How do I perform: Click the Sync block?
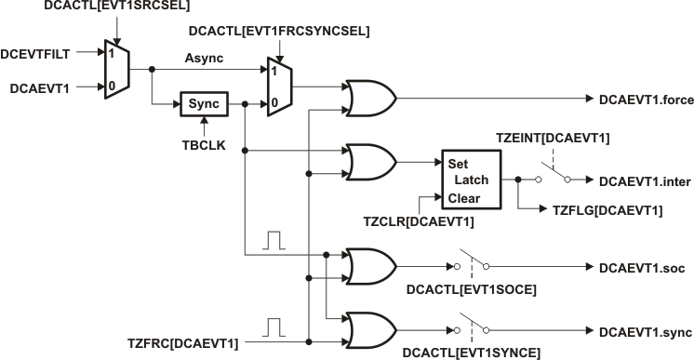(x=203, y=103)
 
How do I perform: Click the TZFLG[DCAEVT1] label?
(x=604, y=211)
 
